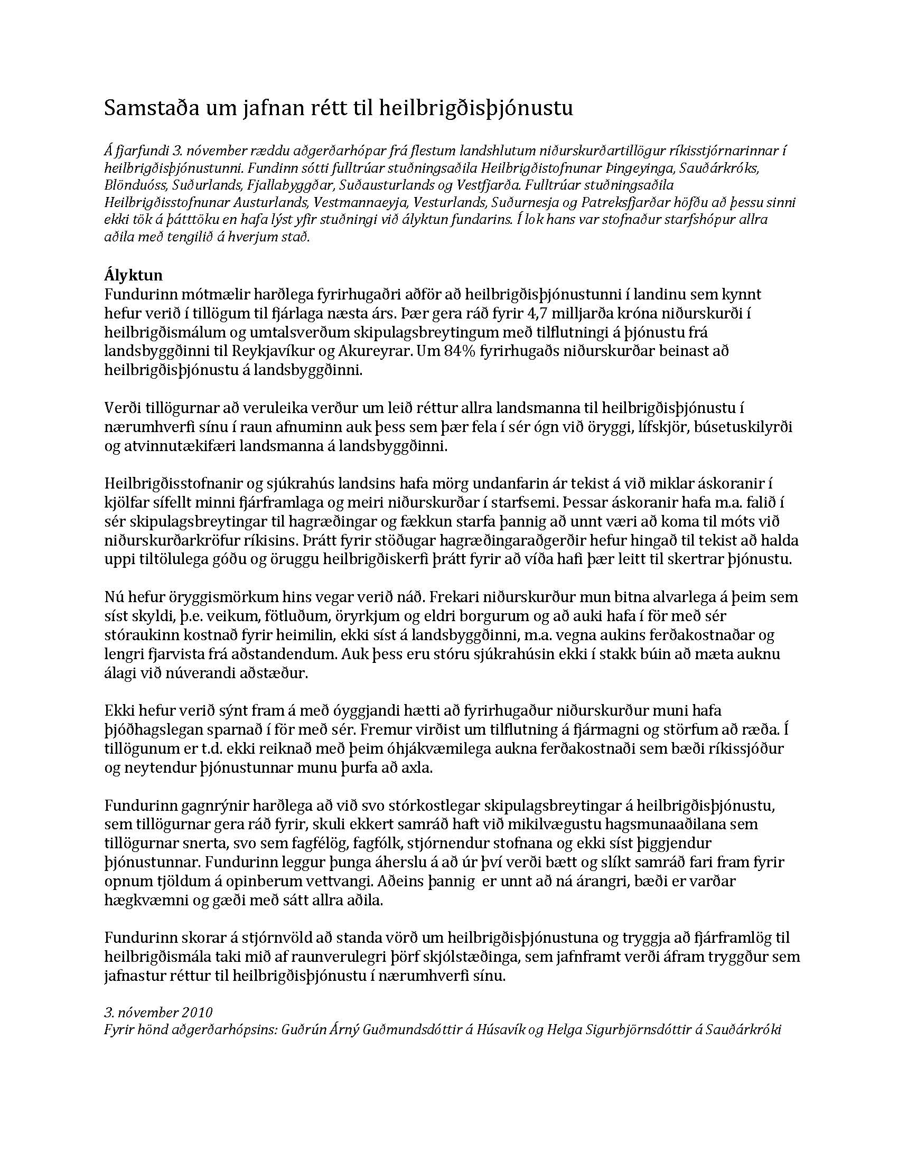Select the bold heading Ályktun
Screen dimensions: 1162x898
click(134, 276)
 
